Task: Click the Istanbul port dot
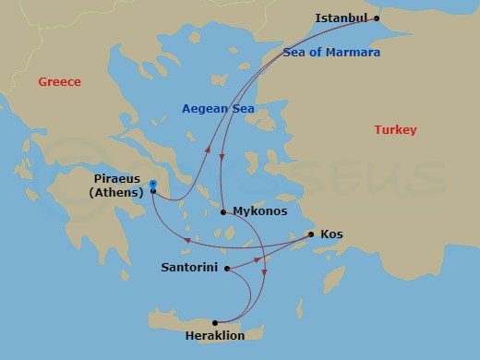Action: [x=377, y=18]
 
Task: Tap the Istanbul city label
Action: [x=342, y=18]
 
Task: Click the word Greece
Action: [x=60, y=82]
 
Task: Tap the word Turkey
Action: [x=395, y=130]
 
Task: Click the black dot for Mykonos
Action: [x=223, y=211]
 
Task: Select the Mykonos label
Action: [x=260, y=211]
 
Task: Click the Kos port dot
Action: [x=311, y=234]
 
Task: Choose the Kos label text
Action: [x=331, y=234]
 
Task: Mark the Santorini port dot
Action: [x=226, y=269]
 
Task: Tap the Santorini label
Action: [x=189, y=268]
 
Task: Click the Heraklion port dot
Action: [x=214, y=322]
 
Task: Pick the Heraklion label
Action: [x=215, y=336]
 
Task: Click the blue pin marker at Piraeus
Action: [x=152, y=186]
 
